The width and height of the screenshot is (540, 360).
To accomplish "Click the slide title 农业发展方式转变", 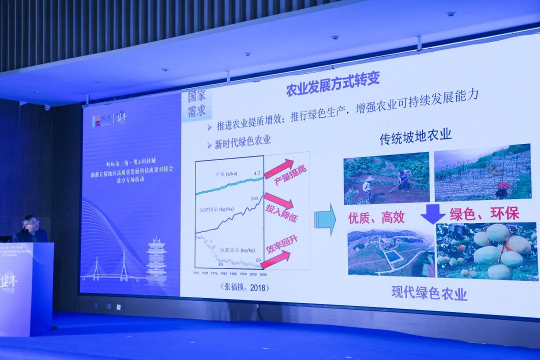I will tap(332, 83).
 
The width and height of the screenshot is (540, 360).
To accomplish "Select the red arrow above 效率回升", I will tap(275, 259).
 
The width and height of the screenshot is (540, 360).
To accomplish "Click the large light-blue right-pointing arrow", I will tap(325, 219).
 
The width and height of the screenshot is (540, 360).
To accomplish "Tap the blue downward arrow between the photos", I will tap(432, 213).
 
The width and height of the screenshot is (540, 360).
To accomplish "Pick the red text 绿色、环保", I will tap(484, 213).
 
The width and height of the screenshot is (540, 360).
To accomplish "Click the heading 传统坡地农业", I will tap(415, 136).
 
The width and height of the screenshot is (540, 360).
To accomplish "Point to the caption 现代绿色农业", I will tap(429, 292).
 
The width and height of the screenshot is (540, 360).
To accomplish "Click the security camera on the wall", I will tap(47, 107).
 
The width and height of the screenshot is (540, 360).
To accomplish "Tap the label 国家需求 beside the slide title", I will tap(196, 103).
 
